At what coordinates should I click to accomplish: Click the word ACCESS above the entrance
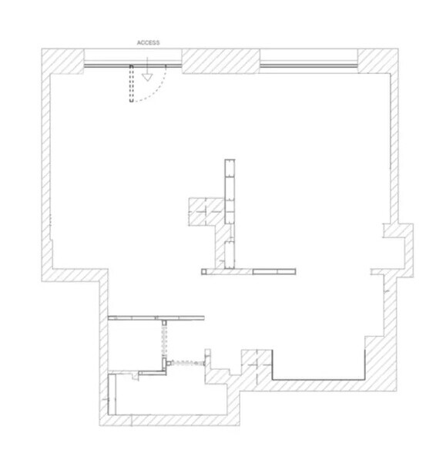[148, 43]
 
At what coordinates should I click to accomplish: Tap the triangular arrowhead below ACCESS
[147, 77]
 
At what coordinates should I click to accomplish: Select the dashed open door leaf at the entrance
[132, 83]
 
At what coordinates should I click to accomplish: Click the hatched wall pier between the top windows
[220, 61]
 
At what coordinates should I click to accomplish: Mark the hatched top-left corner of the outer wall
[62, 62]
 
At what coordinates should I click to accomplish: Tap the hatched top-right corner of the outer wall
[378, 61]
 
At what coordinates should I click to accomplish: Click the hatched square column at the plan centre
[206, 212]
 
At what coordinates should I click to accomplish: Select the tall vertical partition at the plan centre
[230, 214]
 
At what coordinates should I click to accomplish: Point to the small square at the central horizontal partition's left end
[204, 271]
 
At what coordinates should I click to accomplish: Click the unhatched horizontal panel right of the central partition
[274, 271]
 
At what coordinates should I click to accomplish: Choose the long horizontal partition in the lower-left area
[156, 318]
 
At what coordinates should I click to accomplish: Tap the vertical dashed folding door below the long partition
[164, 340]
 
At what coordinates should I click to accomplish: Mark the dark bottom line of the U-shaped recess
[318, 379]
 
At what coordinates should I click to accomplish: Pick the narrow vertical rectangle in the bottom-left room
[112, 394]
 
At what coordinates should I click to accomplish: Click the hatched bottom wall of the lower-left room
[169, 421]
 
